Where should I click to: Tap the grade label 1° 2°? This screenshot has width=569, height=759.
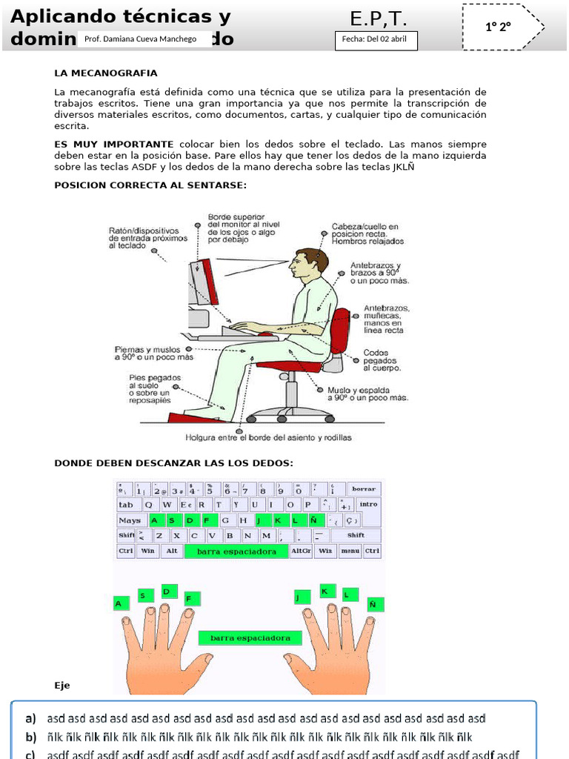[499, 27]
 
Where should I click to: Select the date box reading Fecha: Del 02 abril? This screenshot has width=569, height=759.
[376, 41]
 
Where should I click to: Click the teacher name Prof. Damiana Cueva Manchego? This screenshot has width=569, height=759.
[141, 39]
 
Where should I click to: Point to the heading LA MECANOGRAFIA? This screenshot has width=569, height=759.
[106, 73]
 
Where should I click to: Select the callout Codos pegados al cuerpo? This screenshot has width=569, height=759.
[382, 360]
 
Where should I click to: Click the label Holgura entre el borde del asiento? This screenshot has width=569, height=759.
[268, 437]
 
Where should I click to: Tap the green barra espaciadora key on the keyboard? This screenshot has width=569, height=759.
[236, 551]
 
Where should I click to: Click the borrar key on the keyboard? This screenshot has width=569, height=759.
[364, 489]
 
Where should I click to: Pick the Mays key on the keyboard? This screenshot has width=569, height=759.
[130, 520]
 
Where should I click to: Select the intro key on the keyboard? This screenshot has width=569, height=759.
[368, 505]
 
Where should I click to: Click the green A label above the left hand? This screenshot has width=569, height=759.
[118, 605]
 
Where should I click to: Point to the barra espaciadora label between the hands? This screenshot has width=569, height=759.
[250, 637]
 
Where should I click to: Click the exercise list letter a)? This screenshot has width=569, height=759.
[30, 718]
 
